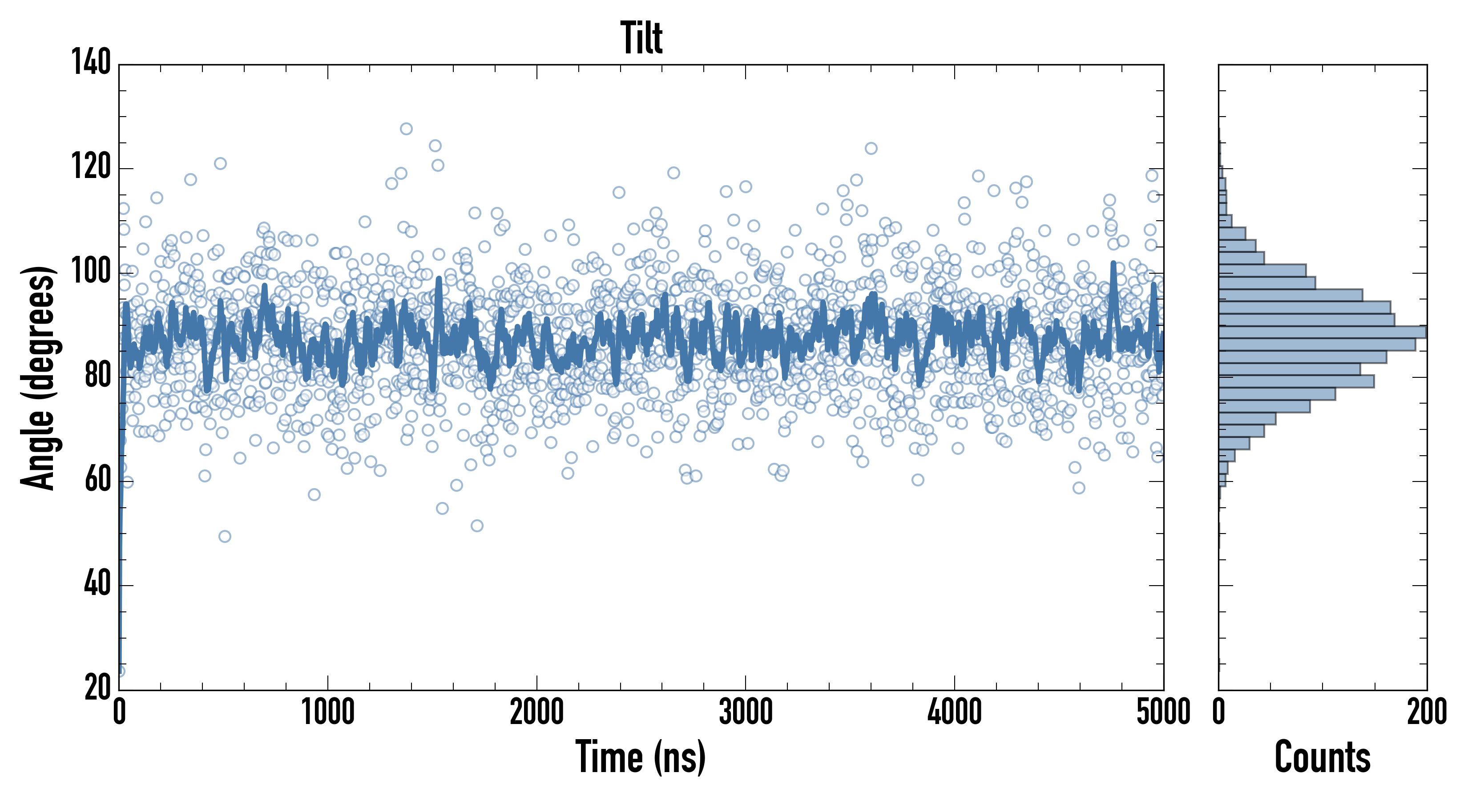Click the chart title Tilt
click(x=641, y=38)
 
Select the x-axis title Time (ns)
click(x=641, y=757)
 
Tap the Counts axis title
click(x=1322, y=757)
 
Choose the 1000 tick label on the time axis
click(x=328, y=712)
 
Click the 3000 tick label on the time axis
click(x=746, y=712)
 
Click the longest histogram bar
click(x=1322, y=332)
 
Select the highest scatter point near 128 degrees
click(x=406, y=129)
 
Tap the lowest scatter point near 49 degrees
click(x=225, y=537)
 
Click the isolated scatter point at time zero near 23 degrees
click(x=120, y=671)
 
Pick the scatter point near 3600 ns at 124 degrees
click(x=871, y=148)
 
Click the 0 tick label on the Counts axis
click(x=1218, y=712)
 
